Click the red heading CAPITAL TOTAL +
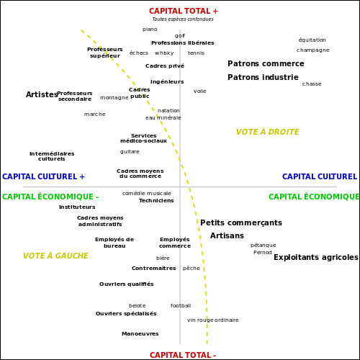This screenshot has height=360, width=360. tap(184, 11)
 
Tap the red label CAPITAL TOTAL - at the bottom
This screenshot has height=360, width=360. tap(183, 355)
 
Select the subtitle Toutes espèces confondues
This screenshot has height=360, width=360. tap(183, 19)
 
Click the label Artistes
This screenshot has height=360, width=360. tap(42, 94)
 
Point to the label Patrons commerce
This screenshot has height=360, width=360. tap(266, 63)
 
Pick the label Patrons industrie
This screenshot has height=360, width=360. tap(263, 77)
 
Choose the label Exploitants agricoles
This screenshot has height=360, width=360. tap(316, 257)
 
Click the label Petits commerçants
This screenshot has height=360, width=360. tap(241, 222)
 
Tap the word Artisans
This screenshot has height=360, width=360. tap(227, 235)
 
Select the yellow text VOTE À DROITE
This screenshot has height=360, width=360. tap(267, 132)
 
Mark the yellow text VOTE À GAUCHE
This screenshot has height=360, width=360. tap(55, 256)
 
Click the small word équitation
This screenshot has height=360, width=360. tap(312, 40)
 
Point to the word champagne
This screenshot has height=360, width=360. tap(312, 50)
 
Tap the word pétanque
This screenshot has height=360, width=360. tap(264, 246)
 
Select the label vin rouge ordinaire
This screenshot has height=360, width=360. tap(213, 320)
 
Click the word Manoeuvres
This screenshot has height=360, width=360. tap(140, 334)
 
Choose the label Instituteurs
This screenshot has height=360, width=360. tap(77, 207)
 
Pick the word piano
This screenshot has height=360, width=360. tap(150, 30)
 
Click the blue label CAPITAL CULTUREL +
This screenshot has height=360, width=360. tap(43, 176)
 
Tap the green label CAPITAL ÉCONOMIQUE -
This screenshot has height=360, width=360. tap(50, 197)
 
